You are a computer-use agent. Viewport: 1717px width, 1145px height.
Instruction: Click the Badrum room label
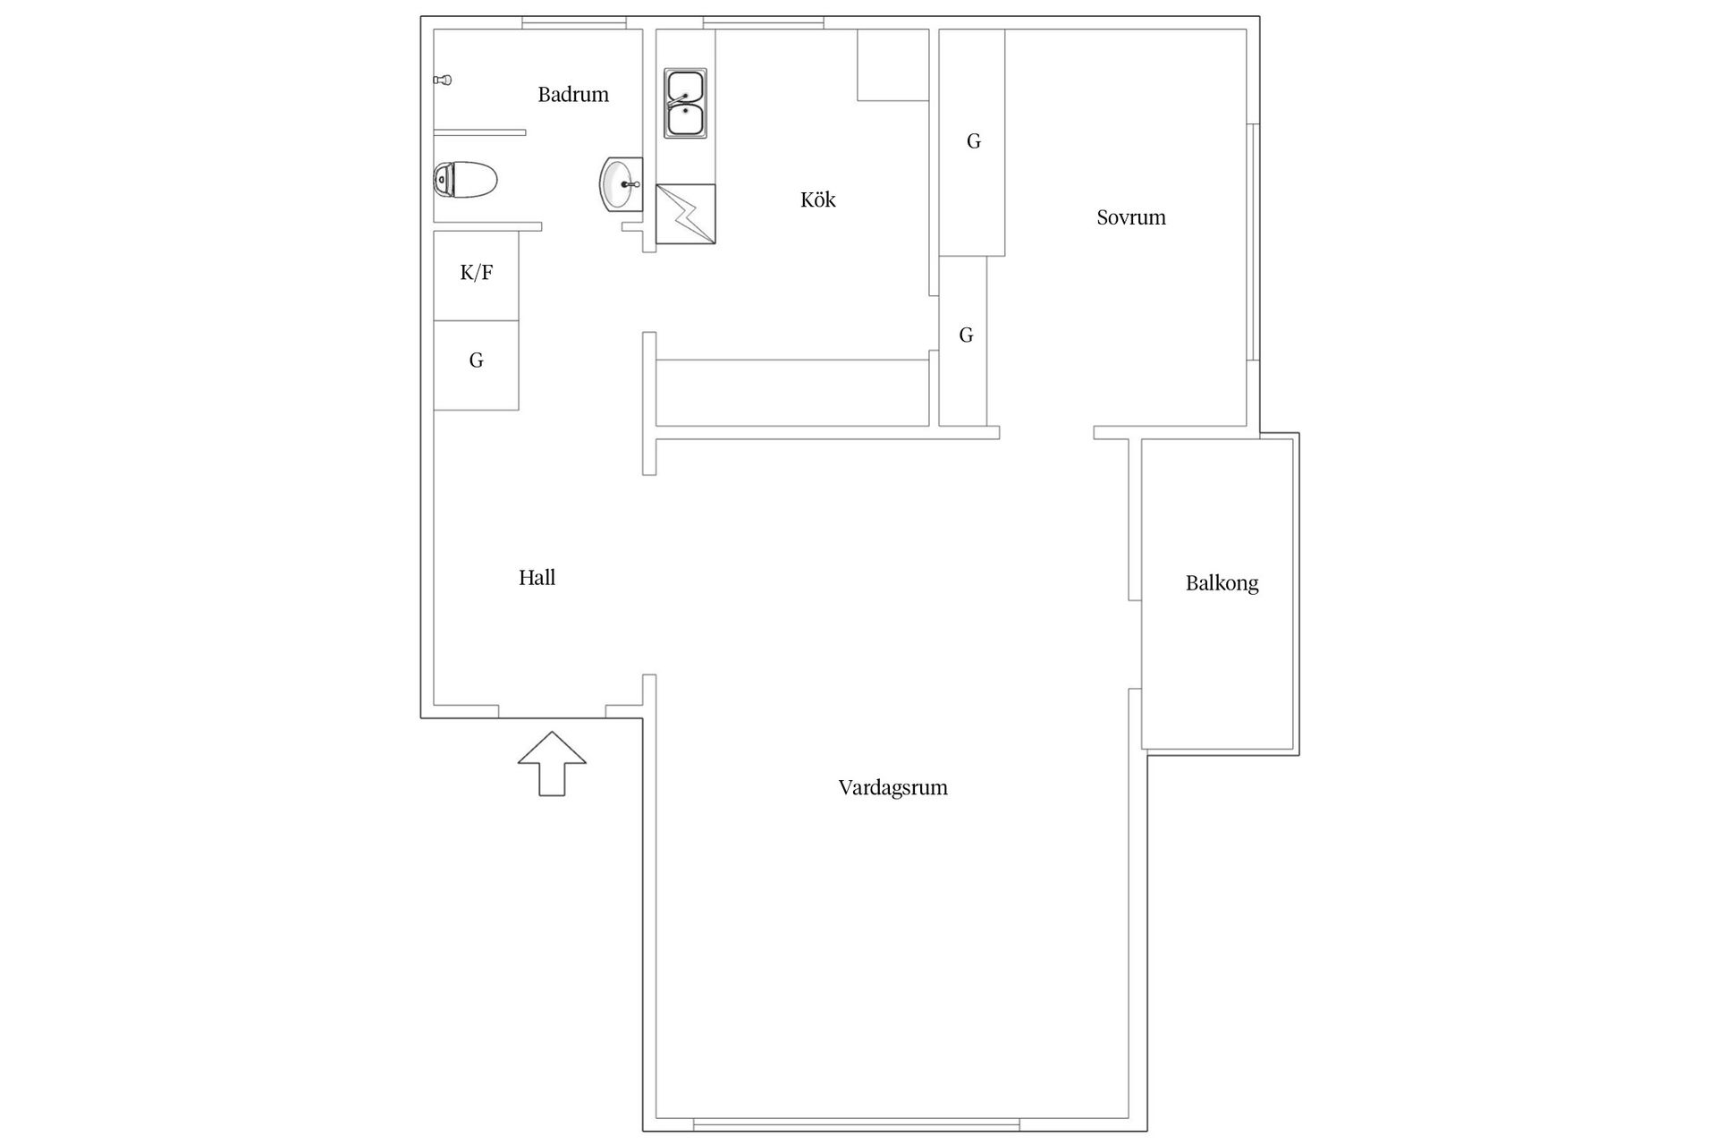573,95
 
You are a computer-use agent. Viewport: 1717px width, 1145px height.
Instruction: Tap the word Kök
817,199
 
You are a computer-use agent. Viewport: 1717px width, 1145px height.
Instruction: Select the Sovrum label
1130,217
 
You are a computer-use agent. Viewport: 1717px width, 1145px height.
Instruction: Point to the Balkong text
1222,583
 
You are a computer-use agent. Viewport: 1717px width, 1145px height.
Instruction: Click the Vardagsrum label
892,788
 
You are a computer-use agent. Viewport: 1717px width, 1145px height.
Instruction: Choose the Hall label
537,578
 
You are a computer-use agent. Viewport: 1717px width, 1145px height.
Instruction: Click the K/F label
476,273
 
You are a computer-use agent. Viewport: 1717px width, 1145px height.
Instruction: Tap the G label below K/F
476,360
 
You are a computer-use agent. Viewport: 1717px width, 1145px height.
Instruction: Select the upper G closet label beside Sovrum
974,141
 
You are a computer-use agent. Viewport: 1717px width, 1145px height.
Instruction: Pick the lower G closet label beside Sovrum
966,335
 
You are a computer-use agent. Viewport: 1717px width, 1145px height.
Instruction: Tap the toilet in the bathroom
464,180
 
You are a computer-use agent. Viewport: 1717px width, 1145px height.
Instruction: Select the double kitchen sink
685,104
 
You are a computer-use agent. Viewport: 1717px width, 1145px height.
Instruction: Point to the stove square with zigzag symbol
685,214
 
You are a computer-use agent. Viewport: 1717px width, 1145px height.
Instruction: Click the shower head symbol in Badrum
443,81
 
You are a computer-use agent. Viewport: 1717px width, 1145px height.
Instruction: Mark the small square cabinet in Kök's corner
892,64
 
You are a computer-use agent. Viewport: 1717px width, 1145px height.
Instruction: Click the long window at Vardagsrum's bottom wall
856,1124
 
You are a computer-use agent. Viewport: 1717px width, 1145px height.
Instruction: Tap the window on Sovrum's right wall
1254,242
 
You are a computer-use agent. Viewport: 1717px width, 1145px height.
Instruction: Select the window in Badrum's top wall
573,22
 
